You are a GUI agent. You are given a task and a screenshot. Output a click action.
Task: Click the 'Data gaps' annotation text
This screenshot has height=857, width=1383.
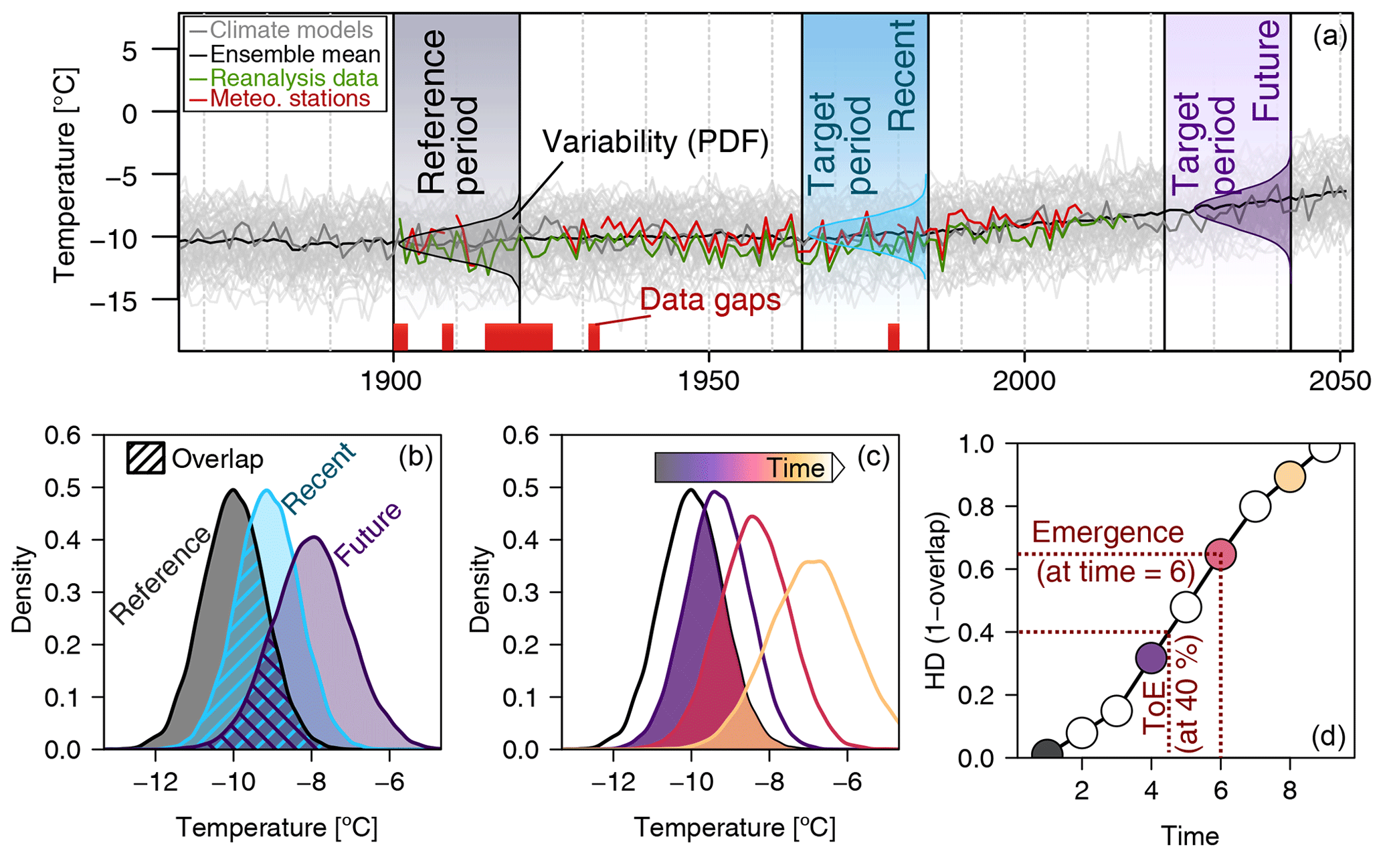point(710,300)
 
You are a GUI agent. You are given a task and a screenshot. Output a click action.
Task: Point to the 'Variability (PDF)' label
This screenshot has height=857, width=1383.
point(655,142)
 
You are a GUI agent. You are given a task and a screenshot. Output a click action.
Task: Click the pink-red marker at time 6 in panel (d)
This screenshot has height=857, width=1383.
point(1220,555)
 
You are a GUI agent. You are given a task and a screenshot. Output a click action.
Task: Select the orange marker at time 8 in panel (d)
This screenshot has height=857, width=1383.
point(1290,477)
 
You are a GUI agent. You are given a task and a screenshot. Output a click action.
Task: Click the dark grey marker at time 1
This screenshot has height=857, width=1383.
point(1046,753)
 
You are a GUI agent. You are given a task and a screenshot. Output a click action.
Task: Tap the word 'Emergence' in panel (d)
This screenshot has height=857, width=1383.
point(1108,533)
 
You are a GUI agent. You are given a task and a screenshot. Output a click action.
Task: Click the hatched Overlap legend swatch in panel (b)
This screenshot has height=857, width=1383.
point(146,459)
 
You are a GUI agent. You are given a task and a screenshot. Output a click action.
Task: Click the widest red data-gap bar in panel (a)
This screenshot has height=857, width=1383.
point(519,337)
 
